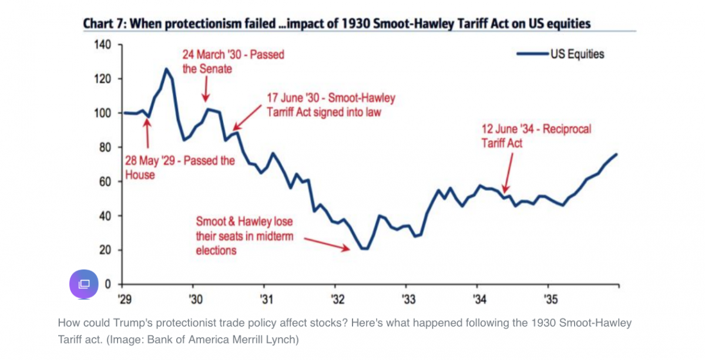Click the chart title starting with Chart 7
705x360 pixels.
click(336, 23)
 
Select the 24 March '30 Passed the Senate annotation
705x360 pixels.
click(233, 62)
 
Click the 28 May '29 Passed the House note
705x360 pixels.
click(180, 167)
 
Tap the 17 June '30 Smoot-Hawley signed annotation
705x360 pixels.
click(331, 105)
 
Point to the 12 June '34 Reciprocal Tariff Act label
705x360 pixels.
click(536, 136)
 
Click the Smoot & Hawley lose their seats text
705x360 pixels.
click(244, 236)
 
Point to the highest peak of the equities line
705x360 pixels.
click(166, 69)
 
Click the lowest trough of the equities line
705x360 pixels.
click(365, 249)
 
